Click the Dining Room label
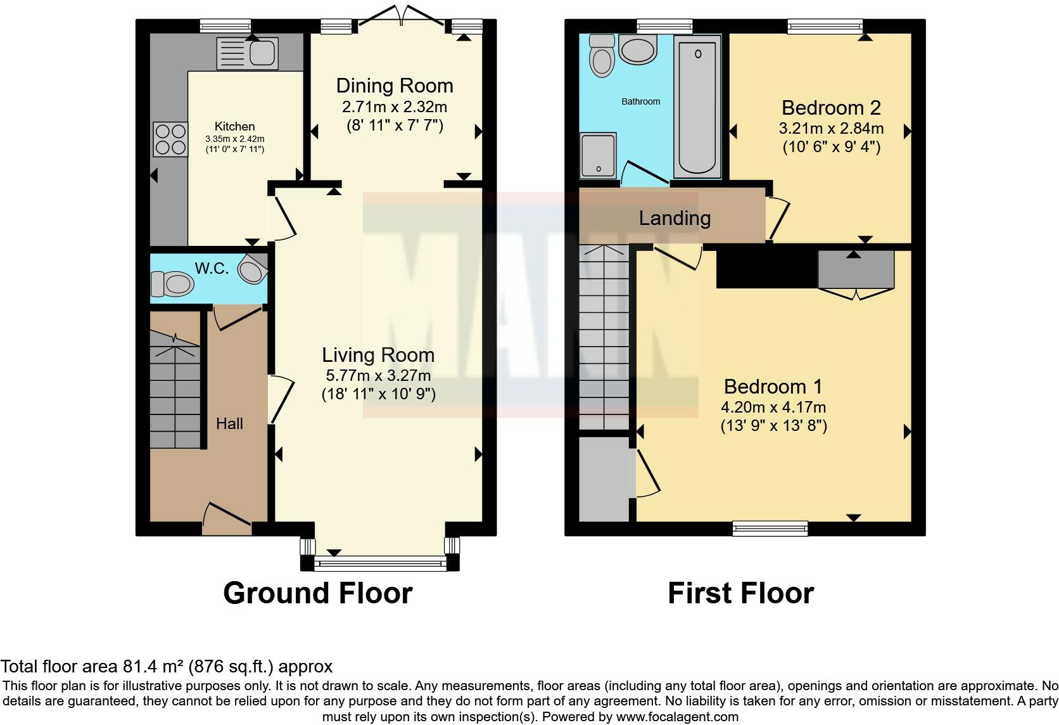394,86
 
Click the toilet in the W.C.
172,284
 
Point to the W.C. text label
212,268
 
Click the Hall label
229,423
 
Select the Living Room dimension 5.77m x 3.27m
378,375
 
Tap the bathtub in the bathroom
697,105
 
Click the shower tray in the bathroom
598,154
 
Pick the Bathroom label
640,101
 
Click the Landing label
675,218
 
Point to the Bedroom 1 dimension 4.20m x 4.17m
773,407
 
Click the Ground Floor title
317,593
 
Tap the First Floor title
740,593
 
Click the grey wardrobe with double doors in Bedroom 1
856,271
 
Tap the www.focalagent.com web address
676,717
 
